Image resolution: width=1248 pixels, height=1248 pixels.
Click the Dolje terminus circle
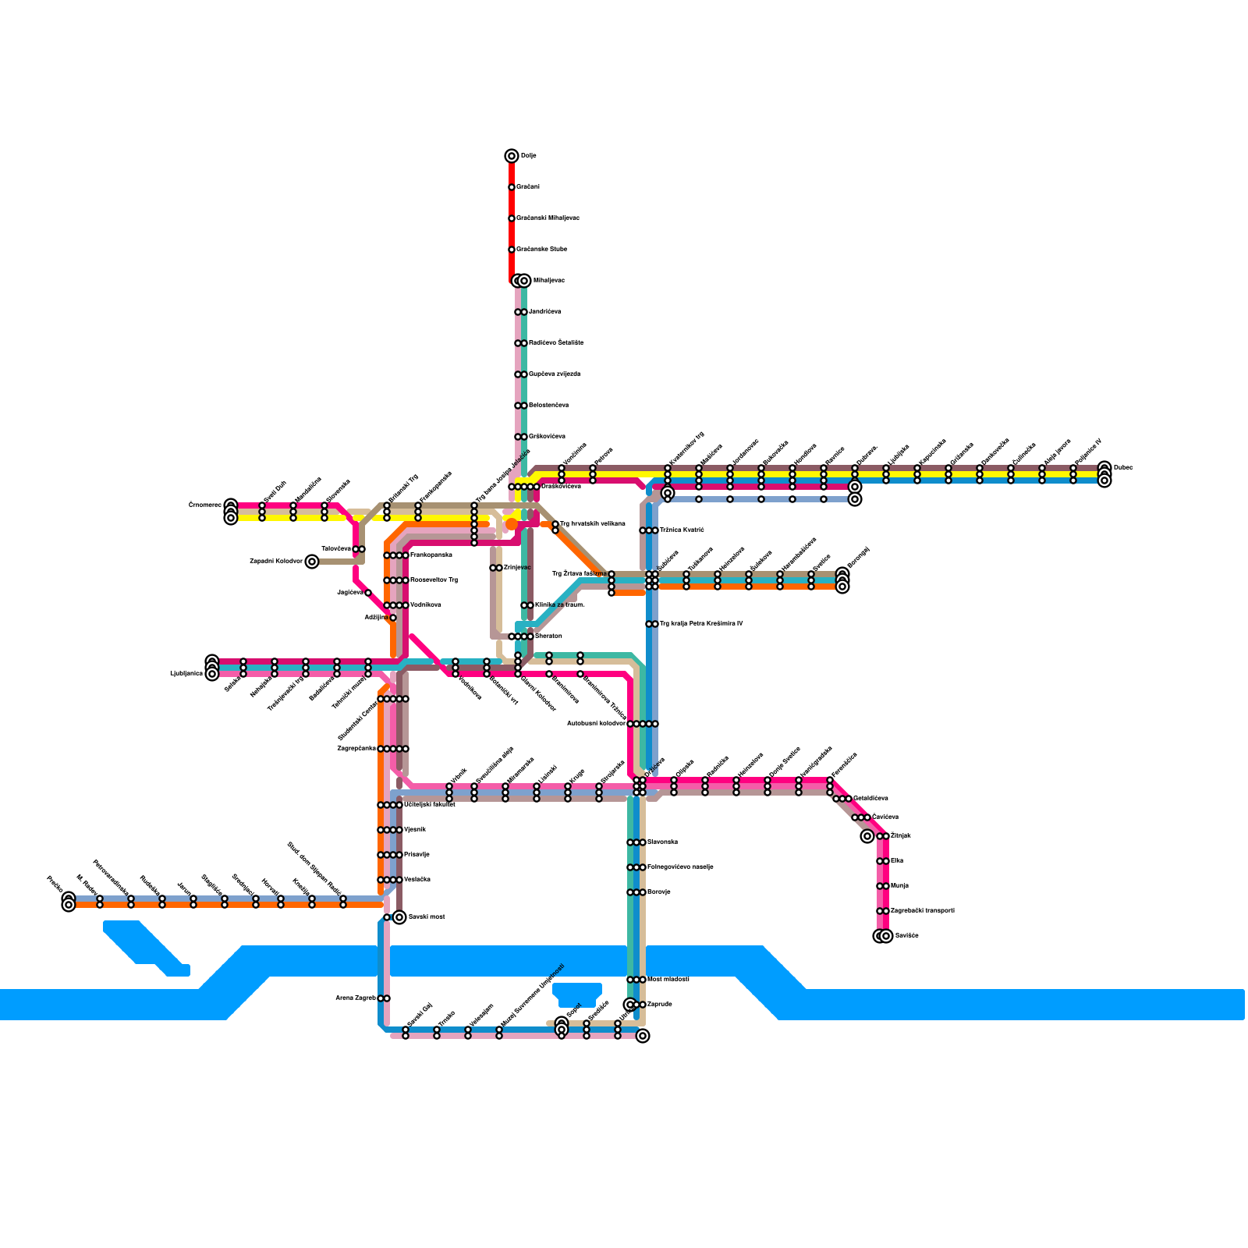coord(512,156)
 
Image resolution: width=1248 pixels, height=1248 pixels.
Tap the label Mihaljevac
coord(548,280)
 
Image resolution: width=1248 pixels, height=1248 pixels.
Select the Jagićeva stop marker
coord(368,593)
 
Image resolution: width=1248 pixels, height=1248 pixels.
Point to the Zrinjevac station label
coord(517,567)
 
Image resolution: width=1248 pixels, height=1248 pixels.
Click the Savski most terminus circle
coord(399,917)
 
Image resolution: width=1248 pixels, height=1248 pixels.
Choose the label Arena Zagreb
coord(356,998)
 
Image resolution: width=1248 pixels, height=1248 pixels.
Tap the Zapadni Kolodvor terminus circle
coord(312,562)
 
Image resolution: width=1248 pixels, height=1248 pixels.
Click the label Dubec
coord(1123,467)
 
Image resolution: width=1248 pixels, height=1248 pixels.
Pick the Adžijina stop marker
coord(393,618)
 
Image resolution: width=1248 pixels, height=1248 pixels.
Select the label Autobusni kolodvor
coord(596,723)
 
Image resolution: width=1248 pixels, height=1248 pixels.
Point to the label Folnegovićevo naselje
coord(680,867)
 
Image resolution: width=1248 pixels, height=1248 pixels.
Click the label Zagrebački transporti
coord(922,910)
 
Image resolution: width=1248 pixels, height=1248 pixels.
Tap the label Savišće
coord(907,935)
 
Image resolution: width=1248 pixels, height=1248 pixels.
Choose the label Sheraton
coord(548,636)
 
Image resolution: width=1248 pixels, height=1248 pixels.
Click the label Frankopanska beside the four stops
coord(431,555)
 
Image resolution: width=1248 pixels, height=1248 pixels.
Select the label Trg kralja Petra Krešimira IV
coord(701,623)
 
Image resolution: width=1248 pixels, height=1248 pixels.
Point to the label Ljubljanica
coord(186,672)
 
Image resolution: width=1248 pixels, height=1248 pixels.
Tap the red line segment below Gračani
coord(512,203)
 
